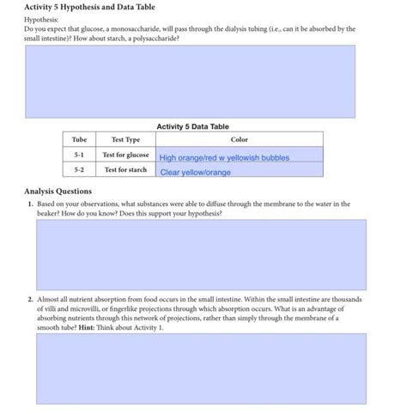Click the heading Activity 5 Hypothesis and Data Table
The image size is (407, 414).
[89, 7]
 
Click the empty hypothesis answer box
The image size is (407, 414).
[189, 82]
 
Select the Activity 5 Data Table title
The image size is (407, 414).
[192, 126]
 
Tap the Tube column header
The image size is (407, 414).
[79, 139]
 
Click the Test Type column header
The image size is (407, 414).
[125, 139]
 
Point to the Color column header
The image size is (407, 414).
[239, 139]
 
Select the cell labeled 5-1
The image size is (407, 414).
[79, 155]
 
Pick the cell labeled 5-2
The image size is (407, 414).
[79, 170]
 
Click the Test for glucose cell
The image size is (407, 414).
[125, 155]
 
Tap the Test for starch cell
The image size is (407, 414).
[125, 170]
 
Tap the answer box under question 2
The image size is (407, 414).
[201, 368]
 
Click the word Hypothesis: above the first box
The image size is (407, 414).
[42, 18]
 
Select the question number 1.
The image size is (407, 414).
[29, 204]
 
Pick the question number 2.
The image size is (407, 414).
[29, 299]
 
